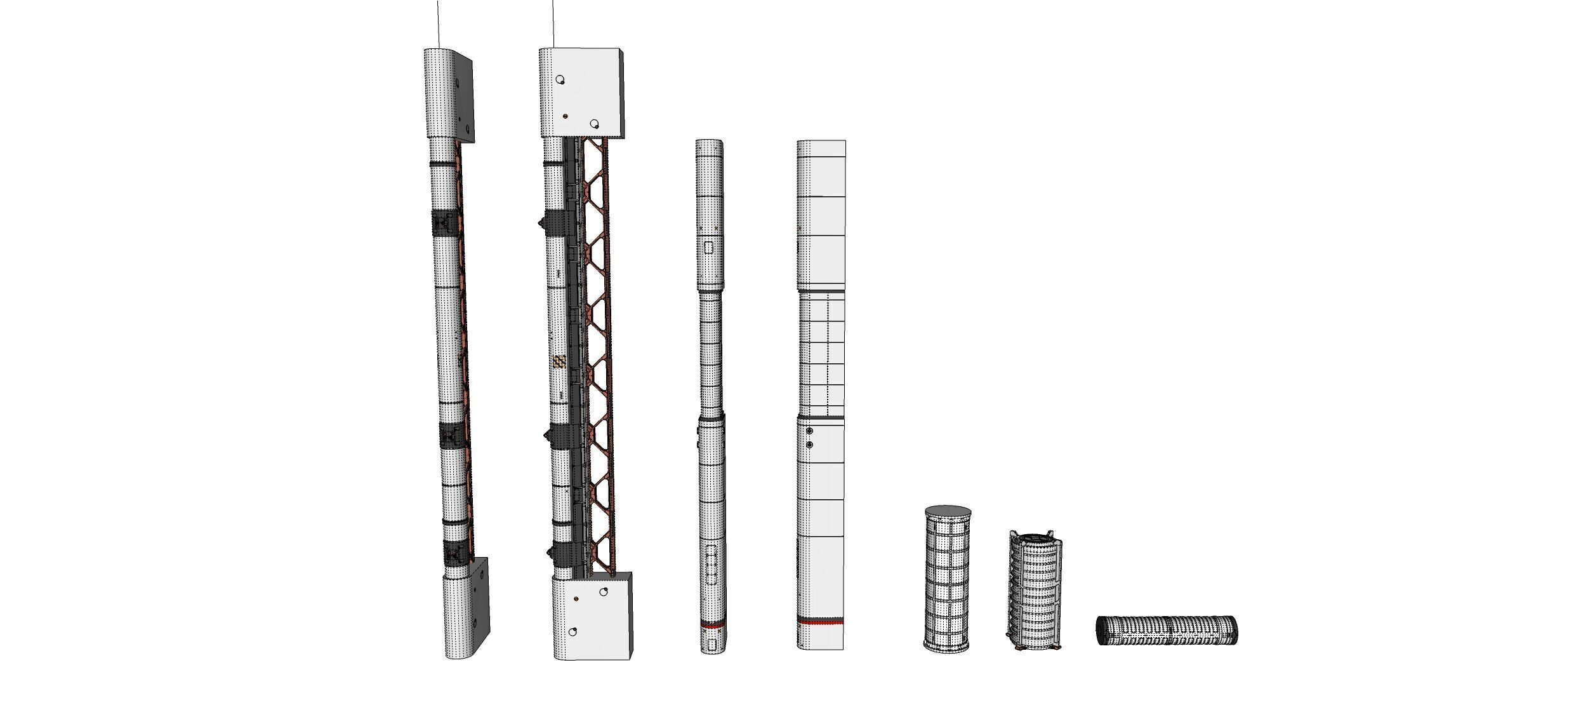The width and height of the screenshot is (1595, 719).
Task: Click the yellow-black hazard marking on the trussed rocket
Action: point(559,363)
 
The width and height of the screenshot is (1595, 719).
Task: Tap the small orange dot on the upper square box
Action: point(566,117)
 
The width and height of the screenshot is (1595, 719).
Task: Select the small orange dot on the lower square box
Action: point(576,599)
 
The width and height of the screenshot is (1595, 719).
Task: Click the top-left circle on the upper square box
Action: point(560,80)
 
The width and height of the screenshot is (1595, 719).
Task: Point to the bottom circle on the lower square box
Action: point(572,632)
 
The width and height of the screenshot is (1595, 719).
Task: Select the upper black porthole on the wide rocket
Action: point(809,431)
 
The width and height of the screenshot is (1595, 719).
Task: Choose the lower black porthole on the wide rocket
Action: point(809,445)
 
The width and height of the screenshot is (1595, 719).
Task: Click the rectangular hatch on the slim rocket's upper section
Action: point(710,248)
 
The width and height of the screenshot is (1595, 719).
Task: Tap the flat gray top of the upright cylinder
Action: point(948,510)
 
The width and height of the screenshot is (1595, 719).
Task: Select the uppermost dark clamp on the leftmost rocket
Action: point(444,224)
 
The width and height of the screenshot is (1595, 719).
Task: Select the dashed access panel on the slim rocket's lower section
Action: point(711,563)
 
